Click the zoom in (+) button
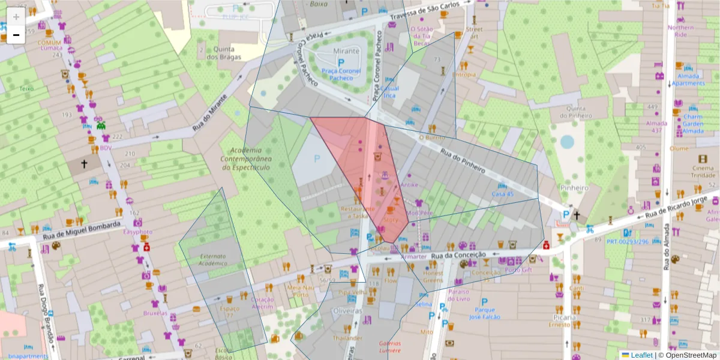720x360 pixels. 16,17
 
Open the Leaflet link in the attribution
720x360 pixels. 641,355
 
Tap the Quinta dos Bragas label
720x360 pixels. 223,53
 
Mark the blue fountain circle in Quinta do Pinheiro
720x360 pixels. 567,142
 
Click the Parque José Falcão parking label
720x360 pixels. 484,313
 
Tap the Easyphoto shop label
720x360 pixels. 138,232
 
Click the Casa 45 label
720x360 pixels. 503,194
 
